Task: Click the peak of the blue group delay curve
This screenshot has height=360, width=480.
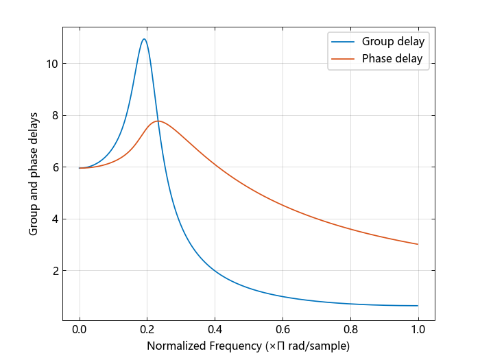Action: pos(144,39)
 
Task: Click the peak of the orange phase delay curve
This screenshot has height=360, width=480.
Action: pos(158,121)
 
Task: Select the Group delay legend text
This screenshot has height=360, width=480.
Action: pos(393,42)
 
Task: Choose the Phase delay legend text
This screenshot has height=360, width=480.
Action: pos(392,58)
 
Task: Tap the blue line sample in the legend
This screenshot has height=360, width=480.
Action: pos(343,42)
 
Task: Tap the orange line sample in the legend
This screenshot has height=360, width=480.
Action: pos(343,59)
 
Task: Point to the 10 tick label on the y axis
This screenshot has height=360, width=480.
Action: pos(51,64)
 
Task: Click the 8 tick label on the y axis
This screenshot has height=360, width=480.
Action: pos(55,115)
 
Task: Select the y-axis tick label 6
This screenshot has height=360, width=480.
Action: pos(55,167)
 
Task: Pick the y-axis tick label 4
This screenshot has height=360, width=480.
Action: pos(55,219)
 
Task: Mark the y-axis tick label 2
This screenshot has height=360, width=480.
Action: pos(55,271)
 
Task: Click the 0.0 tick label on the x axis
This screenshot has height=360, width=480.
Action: pos(80,329)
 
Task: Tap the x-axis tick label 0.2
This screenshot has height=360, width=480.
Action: pos(147,329)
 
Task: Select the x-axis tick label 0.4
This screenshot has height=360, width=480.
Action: pos(215,329)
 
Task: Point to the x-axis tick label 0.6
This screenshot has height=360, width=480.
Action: pos(283,329)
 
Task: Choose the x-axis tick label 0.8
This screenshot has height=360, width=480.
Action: pos(350,329)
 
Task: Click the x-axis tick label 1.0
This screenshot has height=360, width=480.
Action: pos(418,329)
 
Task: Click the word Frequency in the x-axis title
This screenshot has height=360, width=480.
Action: pos(236,346)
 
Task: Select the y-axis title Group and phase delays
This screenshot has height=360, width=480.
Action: pos(33,174)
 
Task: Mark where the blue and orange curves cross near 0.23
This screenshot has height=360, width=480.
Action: pos(158,121)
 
